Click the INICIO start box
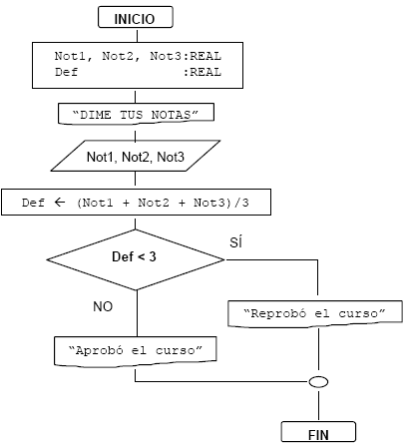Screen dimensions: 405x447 136,17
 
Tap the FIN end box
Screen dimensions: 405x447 318,432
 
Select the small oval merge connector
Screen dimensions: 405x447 318,382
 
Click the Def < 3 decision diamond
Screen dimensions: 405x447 136,259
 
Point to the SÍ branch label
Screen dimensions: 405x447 235,242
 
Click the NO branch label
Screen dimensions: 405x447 103,306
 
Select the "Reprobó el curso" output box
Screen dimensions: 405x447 315,314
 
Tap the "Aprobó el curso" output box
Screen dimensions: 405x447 136,351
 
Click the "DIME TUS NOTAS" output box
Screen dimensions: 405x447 136,114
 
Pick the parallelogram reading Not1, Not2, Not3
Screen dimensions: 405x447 136,156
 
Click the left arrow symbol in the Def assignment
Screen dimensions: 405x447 60,203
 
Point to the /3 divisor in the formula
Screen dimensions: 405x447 241,203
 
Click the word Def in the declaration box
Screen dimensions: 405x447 66,72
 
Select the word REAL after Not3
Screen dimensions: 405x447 205,56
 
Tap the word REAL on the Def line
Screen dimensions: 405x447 205,72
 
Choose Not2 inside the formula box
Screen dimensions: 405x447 154,203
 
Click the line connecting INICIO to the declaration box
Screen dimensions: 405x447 138,35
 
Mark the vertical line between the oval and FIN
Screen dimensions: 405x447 318,404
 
